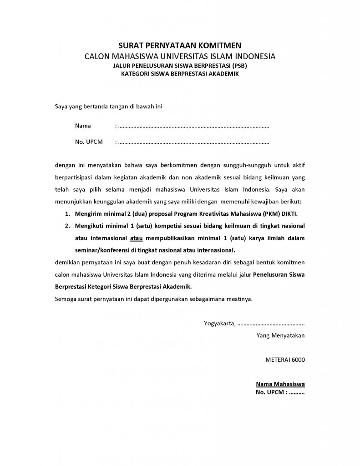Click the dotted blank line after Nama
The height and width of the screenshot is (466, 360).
click(x=193, y=126)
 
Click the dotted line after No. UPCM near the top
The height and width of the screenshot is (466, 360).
click(x=193, y=142)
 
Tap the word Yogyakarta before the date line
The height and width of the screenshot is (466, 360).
click(x=220, y=324)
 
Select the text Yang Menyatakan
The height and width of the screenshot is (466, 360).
click(x=281, y=336)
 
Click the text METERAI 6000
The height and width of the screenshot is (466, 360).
click(x=285, y=360)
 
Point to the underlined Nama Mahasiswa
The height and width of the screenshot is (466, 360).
click(x=280, y=384)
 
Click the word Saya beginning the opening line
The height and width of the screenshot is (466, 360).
click(x=61, y=107)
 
